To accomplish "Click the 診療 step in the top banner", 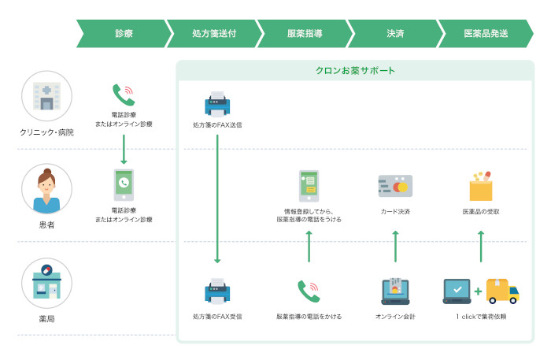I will [124, 34].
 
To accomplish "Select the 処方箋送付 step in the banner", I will [214, 34].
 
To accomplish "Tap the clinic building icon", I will [46, 96].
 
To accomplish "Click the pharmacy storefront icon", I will [46, 283].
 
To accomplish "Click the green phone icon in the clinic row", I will [124, 95].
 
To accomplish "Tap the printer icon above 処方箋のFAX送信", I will [217, 103].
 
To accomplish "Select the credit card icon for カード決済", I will [395, 186].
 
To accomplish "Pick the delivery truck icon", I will [502, 291].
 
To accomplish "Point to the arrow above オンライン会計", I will [395, 247].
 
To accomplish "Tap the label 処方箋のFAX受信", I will [217, 317].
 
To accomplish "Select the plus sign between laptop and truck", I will [478, 292].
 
